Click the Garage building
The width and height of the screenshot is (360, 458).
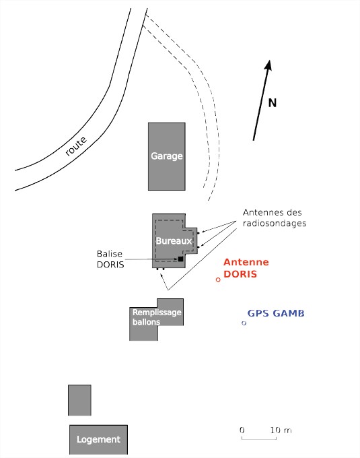pyautogui.click(x=167, y=156)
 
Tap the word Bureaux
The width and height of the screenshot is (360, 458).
pyautogui.click(x=174, y=241)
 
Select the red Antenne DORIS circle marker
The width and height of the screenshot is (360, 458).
pyautogui.click(x=218, y=280)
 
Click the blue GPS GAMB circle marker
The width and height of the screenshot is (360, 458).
pyautogui.click(x=244, y=323)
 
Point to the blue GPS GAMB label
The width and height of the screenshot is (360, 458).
pyautogui.click(x=276, y=313)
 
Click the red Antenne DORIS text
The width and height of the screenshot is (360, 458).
pyautogui.click(x=246, y=268)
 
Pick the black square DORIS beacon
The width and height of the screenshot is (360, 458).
pyautogui.click(x=180, y=259)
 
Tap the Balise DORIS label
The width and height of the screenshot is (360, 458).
pyautogui.click(x=110, y=259)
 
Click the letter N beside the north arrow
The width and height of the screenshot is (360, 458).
pyautogui.click(x=273, y=103)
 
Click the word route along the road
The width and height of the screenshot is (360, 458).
pyautogui.click(x=76, y=146)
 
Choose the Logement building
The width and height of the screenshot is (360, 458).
pyautogui.click(x=98, y=440)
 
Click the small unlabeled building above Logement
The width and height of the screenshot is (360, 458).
pyautogui.click(x=79, y=400)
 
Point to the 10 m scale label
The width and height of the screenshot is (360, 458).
pyautogui.click(x=281, y=430)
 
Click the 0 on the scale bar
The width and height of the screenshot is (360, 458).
pyautogui.click(x=242, y=430)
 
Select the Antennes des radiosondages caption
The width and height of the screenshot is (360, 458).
pyautogui.click(x=275, y=218)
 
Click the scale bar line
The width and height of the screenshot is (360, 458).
pyautogui.click(x=259, y=438)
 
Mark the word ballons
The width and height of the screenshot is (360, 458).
pyautogui.click(x=146, y=322)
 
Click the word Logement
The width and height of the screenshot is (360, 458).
pyautogui.click(x=98, y=440)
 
